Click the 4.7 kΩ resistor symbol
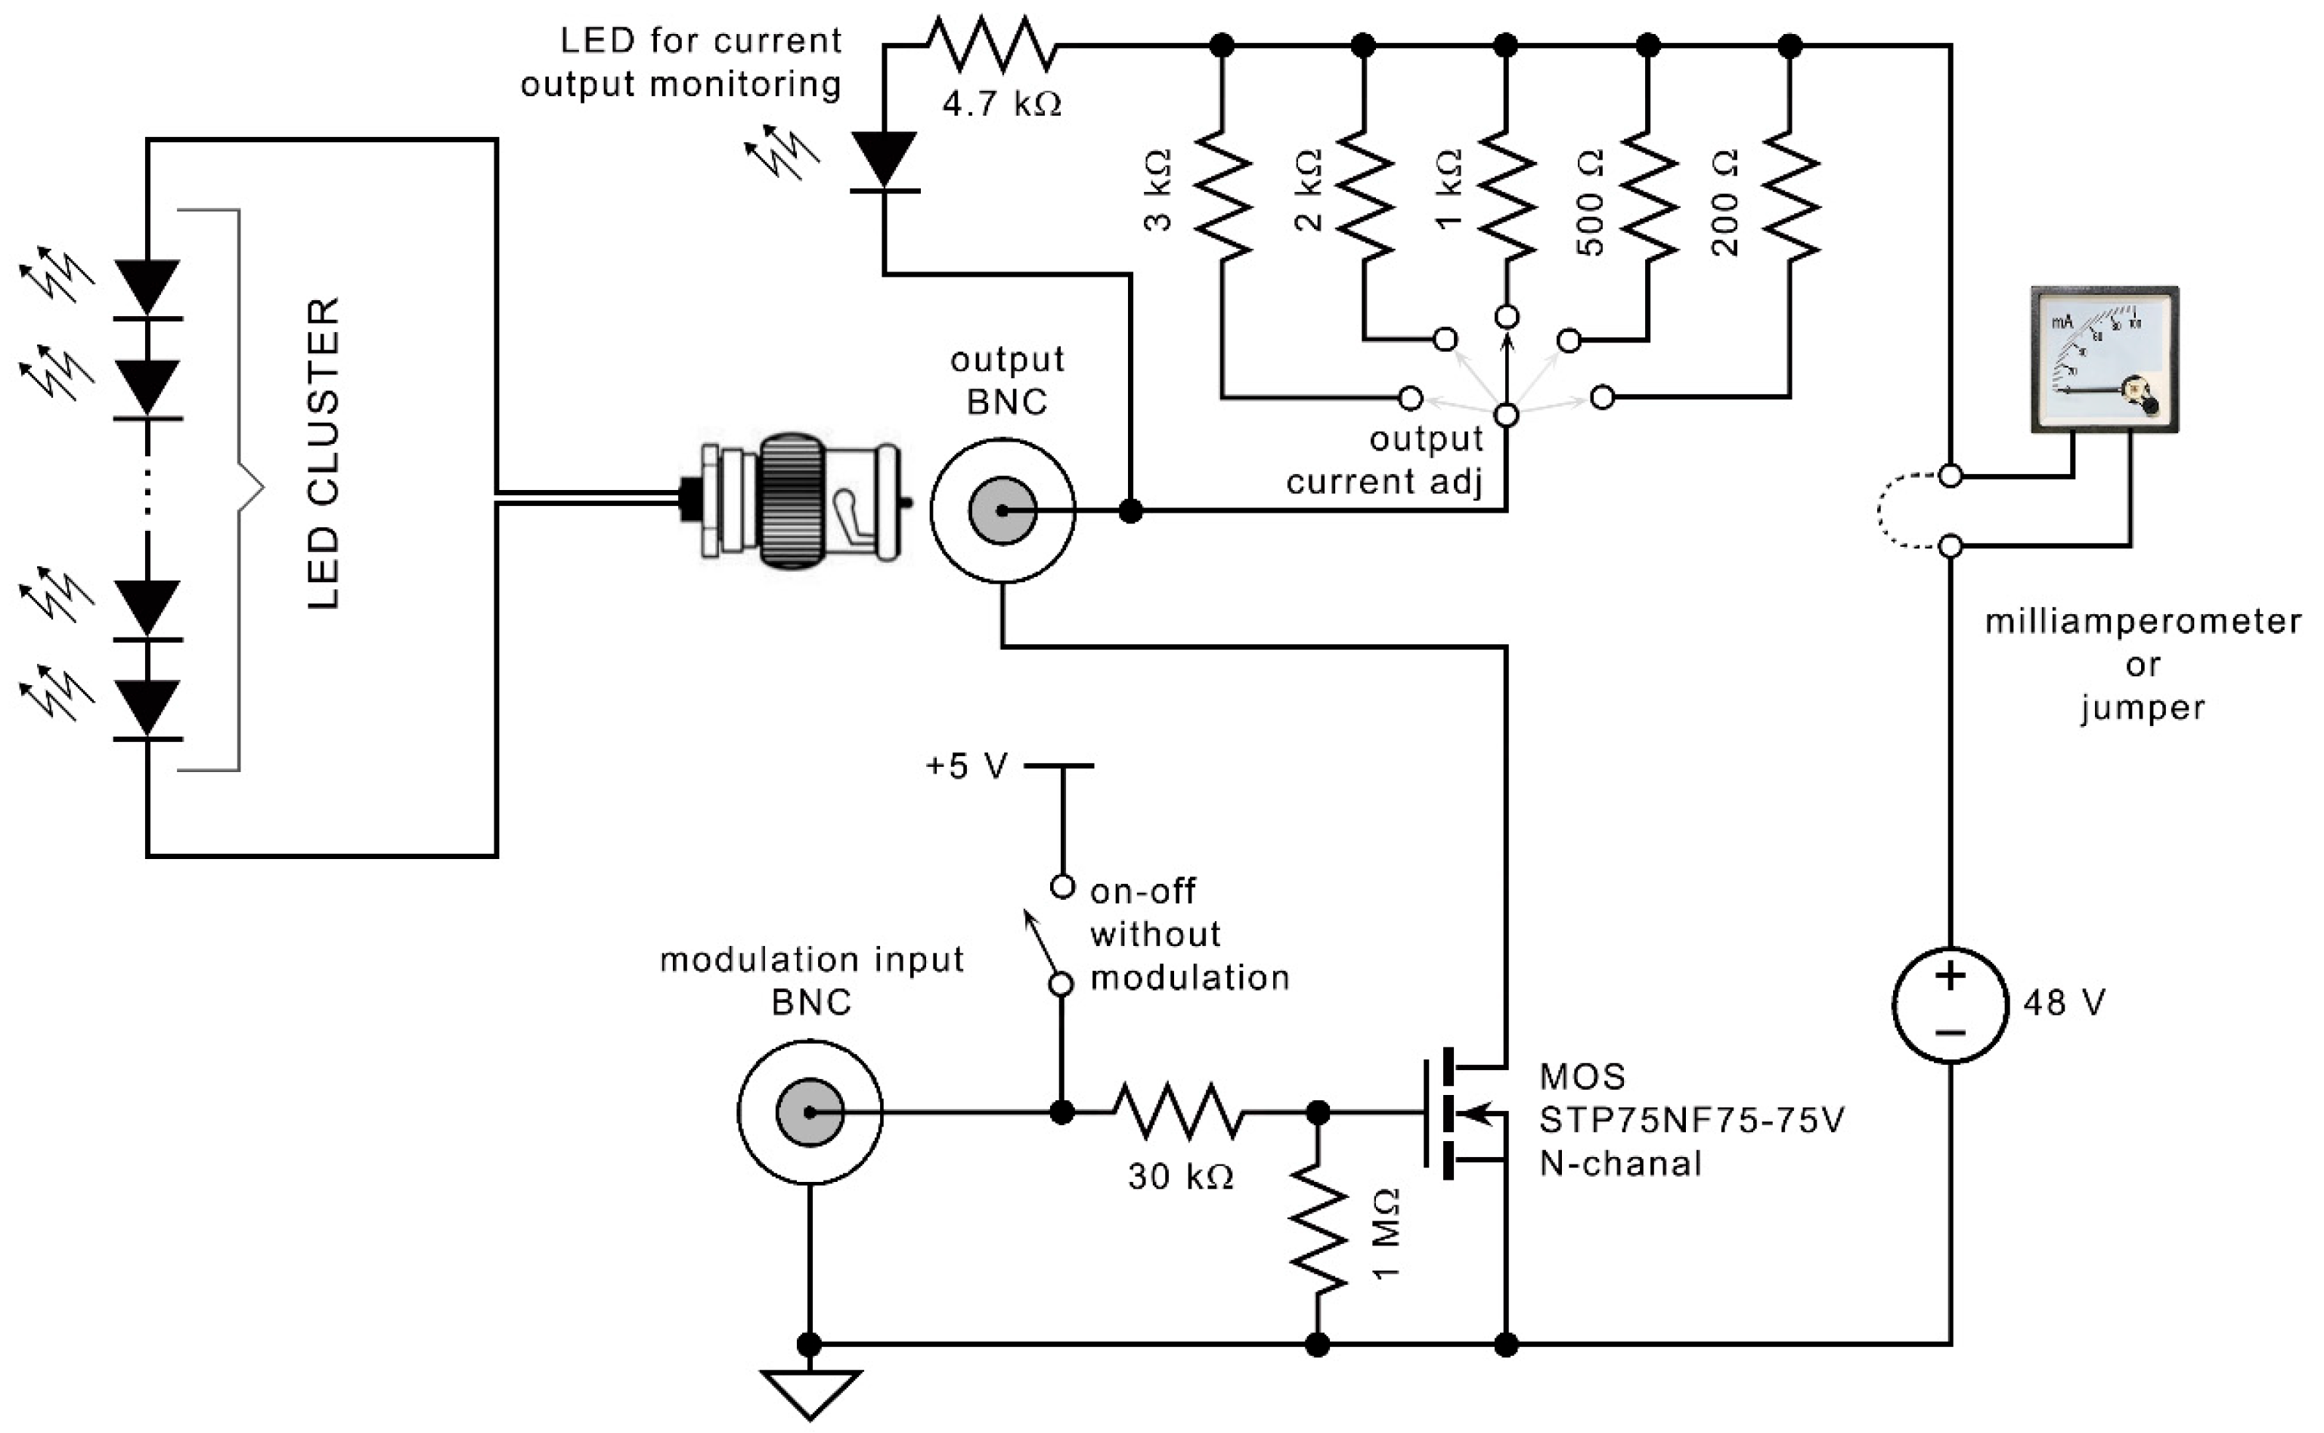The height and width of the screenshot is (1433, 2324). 990,45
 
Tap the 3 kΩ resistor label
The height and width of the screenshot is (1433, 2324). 1157,190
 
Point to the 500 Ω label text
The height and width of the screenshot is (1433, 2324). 1591,202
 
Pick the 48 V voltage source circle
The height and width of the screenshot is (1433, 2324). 1949,1005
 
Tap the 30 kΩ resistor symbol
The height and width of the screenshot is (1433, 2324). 1178,1111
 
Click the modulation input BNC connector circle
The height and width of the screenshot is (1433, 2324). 810,1112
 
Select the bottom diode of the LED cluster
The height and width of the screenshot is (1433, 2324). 147,707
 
